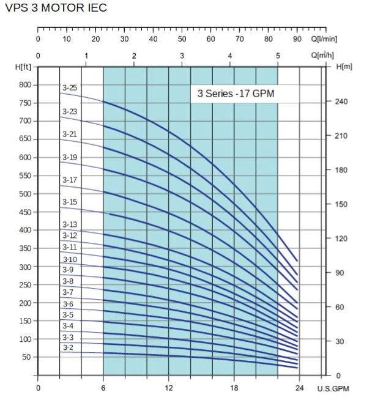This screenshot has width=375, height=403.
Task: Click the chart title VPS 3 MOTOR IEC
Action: coord(54,8)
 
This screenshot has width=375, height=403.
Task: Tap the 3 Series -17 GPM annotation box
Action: coord(245,94)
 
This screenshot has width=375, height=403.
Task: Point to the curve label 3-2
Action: coord(68,348)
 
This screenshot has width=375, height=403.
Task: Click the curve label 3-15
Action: coord(69,202)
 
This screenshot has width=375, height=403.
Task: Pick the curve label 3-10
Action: coord(69,259)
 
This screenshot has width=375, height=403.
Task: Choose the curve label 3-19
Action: coord(69,157)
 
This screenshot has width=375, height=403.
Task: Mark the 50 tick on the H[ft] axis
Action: coord(25,357)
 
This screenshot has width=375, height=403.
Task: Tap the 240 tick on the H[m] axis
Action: coord(342,102)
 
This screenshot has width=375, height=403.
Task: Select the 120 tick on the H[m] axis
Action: coord(342,238)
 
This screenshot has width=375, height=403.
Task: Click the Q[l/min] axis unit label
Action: coord(324,39)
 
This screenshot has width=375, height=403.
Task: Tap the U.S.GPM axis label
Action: coord(333,388)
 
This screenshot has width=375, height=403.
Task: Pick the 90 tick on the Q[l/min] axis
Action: coord(297,39)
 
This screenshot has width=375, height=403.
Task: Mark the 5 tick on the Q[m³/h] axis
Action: coord(278,56)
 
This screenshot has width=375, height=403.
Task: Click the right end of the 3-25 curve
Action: coord(297,261)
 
